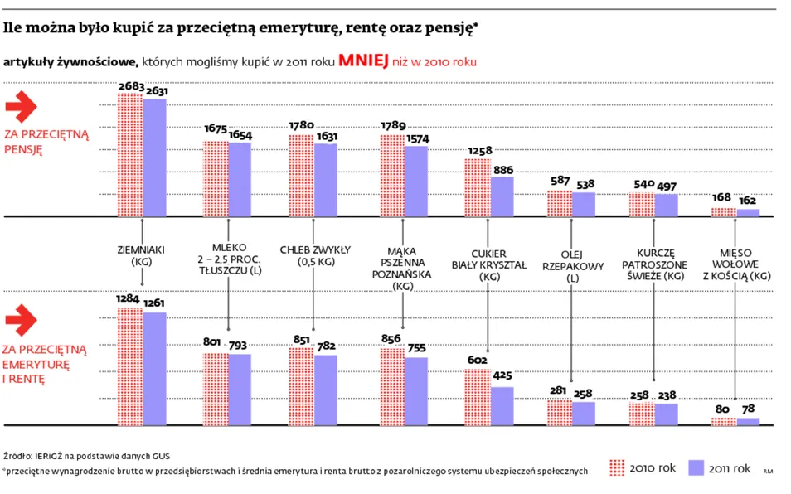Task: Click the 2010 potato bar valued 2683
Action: pyautogui.click(x=130, y=155)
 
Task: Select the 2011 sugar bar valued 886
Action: pyautogui.click(x=502, y=196)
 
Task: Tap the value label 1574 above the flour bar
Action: pyautogui.click(x=416, y=138)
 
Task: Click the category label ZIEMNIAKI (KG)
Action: pyautogui.click(x=143, y=254)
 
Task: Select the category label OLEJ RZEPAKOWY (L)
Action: pyautogui.click(x=572, y=266)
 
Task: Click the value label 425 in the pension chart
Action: pyautogui.click(x=502, y=375)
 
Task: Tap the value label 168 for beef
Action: pyautogui.click(x=723, y=197)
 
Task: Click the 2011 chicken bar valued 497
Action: pyautogui.click(x=667, y=205)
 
